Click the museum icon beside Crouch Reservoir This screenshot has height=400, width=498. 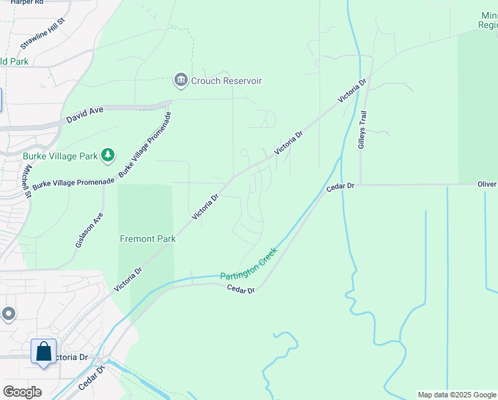[x=180, y=81]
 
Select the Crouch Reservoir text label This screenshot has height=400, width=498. [x=226, y=81]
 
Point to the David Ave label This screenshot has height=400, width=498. [x=86, y=117]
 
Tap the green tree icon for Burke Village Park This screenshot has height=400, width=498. [x=108, y=156]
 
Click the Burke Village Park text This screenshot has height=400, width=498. [x=61, y=157]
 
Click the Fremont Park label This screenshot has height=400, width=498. [x=148, y=239]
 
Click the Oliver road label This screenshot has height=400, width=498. [x=487, y=184]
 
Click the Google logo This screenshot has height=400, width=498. [x=22, y=391]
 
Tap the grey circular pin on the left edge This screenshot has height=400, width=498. [x=8, y=313]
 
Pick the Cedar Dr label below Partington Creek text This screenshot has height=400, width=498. [x=240, y=289]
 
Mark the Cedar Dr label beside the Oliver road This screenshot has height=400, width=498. [x=340, y=187]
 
